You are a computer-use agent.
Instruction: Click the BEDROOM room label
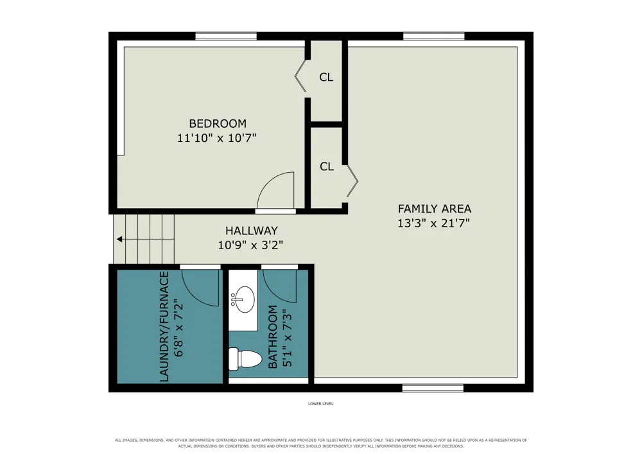pyautogui.click(x=218, y=123)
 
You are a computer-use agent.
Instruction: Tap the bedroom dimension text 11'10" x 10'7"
pyautogui.click(x=216, y=138)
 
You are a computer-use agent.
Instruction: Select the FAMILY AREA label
pyautogui.click(x=435, y=209)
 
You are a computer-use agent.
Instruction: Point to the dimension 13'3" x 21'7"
pyautogui.click(x=433, y=223)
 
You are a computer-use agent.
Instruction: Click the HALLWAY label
pyautogui.click(x=252, y=231)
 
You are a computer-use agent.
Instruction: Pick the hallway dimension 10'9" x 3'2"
pyautogui.click(x=250, y=245)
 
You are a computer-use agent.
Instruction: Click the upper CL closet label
pyautogui.click(x=326, y=77)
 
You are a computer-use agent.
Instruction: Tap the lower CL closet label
pyautogui.click(x=327, y=166)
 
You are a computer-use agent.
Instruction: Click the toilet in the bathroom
pyautogui.click(x=245, y=358)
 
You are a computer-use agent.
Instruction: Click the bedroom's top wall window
pyautogui.click(x=226, y=37)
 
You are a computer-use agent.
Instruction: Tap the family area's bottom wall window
pyautogui.click(x=433, y=388)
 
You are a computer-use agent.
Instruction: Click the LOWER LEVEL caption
pyautogui.click(x=320, y=404)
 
